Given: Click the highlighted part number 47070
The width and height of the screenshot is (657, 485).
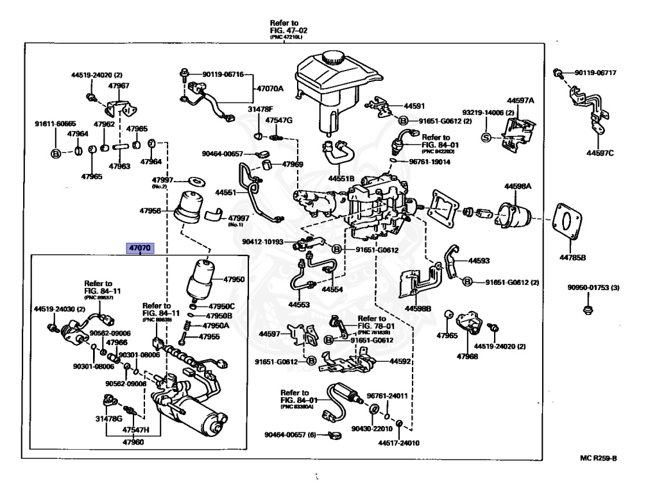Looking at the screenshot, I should (140, 248).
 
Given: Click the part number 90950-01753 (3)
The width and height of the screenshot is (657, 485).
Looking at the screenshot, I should (593, 287).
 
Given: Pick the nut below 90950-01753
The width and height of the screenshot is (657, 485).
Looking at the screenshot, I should (586, 311).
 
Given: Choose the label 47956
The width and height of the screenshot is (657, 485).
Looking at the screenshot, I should (152, 210).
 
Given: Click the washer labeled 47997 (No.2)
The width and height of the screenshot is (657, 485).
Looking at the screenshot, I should (194, 179).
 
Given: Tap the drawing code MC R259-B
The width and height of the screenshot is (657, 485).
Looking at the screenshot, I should (597, 458).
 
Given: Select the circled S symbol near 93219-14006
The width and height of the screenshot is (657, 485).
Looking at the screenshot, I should (486, 137).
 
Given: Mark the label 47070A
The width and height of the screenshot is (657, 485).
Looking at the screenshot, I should (270, 88).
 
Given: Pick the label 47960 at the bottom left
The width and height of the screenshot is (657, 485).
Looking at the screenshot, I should (133, 441).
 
